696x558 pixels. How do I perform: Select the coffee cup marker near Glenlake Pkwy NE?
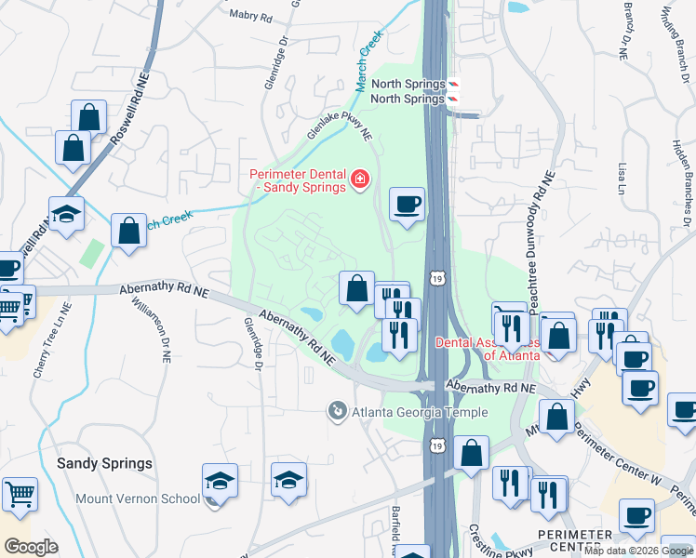[x=407, y=204]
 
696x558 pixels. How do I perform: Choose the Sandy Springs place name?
[x=104, y=462]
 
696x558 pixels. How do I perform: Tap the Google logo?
[x=31, y=547]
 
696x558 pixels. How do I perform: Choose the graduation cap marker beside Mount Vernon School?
[x=221, y=482]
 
